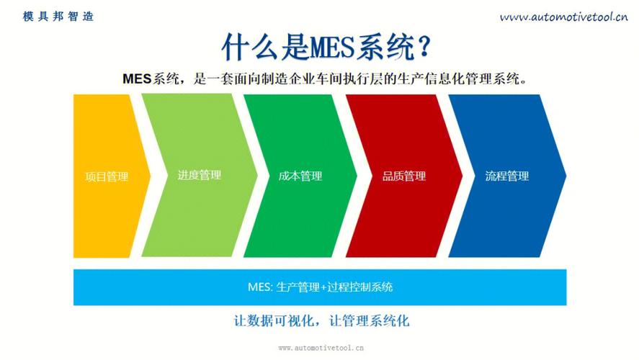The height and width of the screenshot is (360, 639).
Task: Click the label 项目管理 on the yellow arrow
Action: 106,176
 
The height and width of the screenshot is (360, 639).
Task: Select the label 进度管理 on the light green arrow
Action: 199,175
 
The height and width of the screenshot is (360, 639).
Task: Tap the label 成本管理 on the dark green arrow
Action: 300,176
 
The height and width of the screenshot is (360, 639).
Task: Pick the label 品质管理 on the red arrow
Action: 403,176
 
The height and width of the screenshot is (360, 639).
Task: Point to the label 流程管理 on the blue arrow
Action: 506,176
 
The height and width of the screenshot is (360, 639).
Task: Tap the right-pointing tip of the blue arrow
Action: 565,176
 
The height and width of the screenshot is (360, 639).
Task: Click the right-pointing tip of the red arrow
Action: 461,176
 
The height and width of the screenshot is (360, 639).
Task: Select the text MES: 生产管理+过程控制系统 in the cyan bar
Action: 320,287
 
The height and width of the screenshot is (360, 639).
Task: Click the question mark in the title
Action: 424,47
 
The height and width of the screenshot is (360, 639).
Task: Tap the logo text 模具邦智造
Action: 58,16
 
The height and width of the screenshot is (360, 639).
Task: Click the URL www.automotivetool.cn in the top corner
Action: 563,17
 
